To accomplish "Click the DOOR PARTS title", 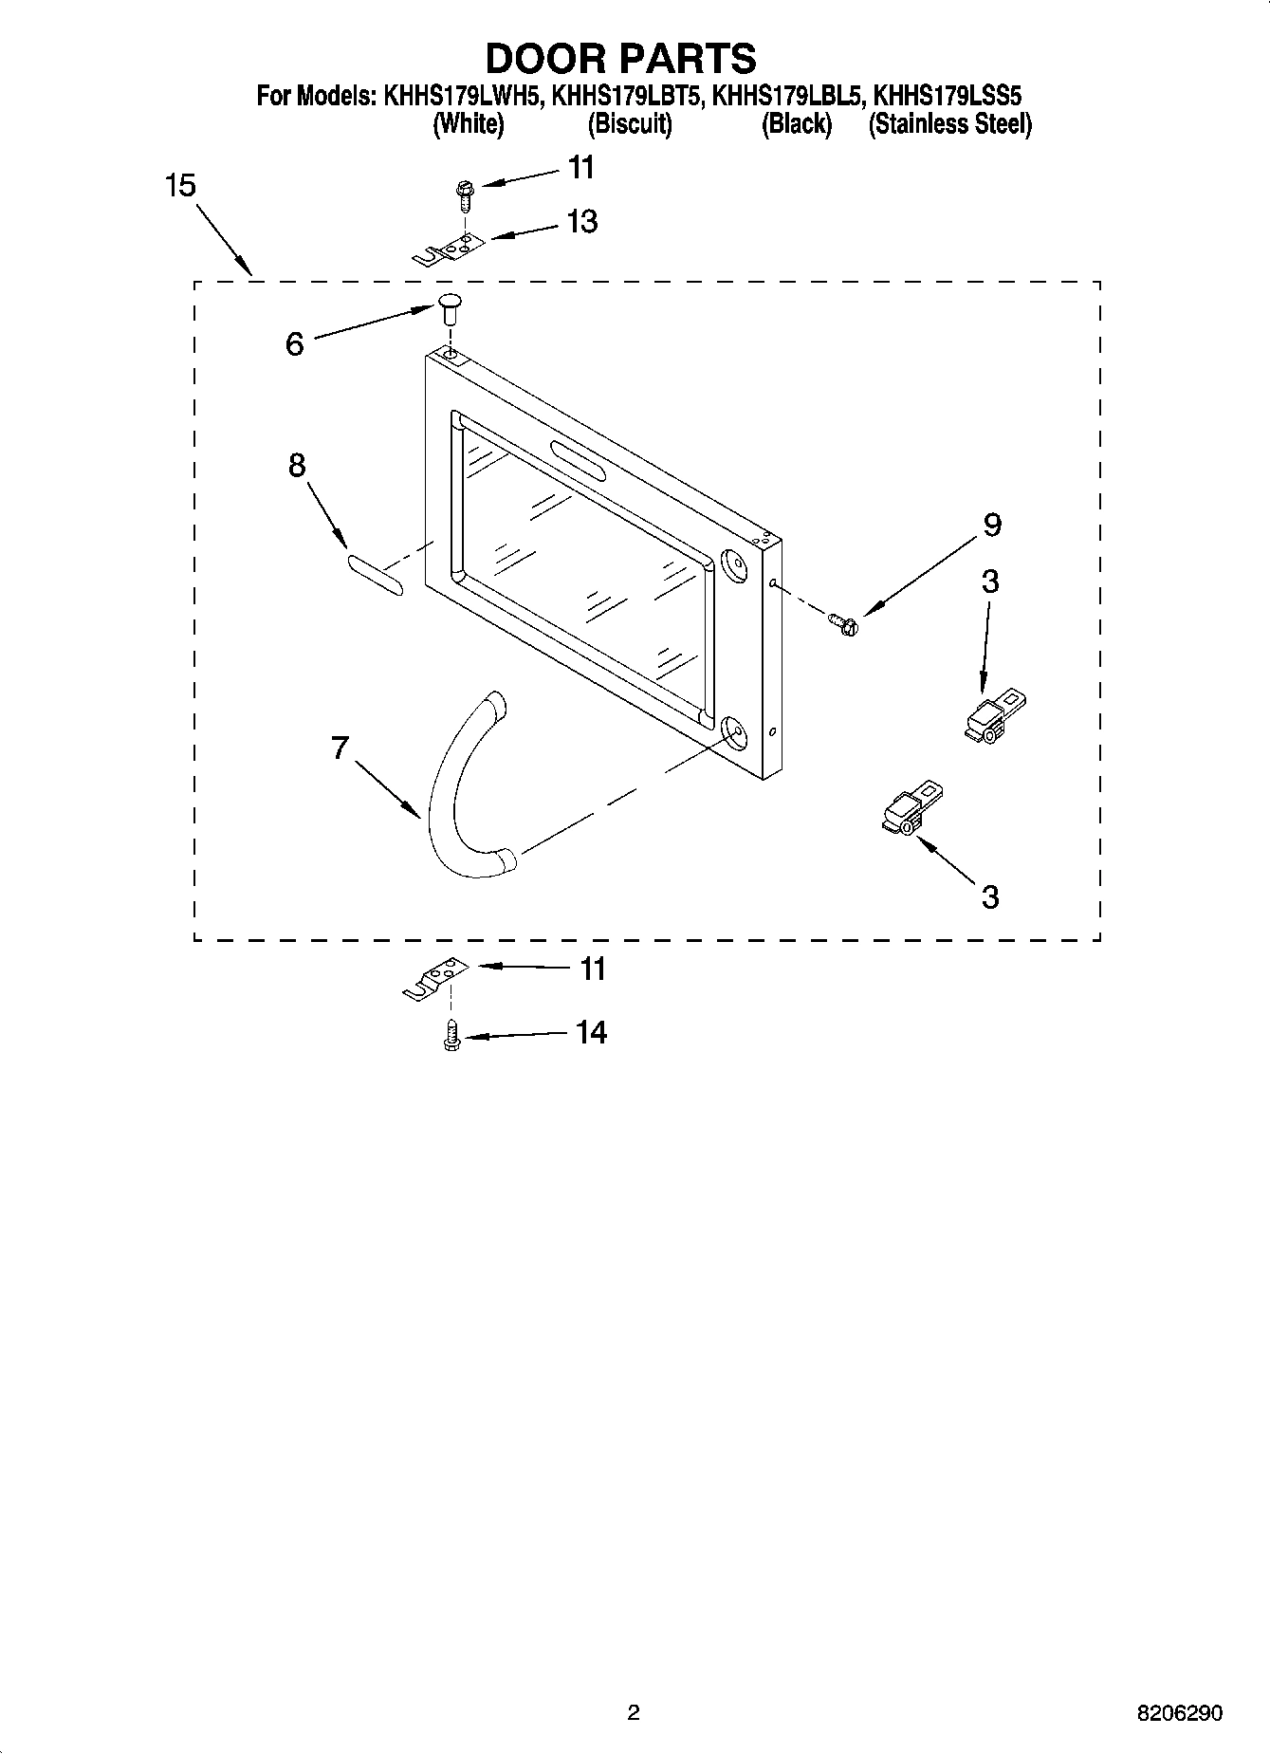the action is [620, 58].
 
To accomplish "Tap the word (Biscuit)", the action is [630, 124].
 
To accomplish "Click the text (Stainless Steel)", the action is [949, 124].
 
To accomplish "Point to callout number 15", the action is [180, 186].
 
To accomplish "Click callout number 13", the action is [581, 222].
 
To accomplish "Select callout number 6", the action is [295, 344].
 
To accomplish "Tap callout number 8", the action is [297, 466].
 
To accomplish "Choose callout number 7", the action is [341, 748].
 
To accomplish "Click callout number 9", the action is [991, 525].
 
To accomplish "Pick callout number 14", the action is [591, 1032].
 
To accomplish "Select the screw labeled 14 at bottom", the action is [451, 1037].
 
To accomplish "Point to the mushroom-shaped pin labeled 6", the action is [449, 307].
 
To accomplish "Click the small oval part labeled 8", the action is [375, 576].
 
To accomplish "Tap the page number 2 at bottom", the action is [634, 1712].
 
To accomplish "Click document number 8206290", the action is [1179, 1713].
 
